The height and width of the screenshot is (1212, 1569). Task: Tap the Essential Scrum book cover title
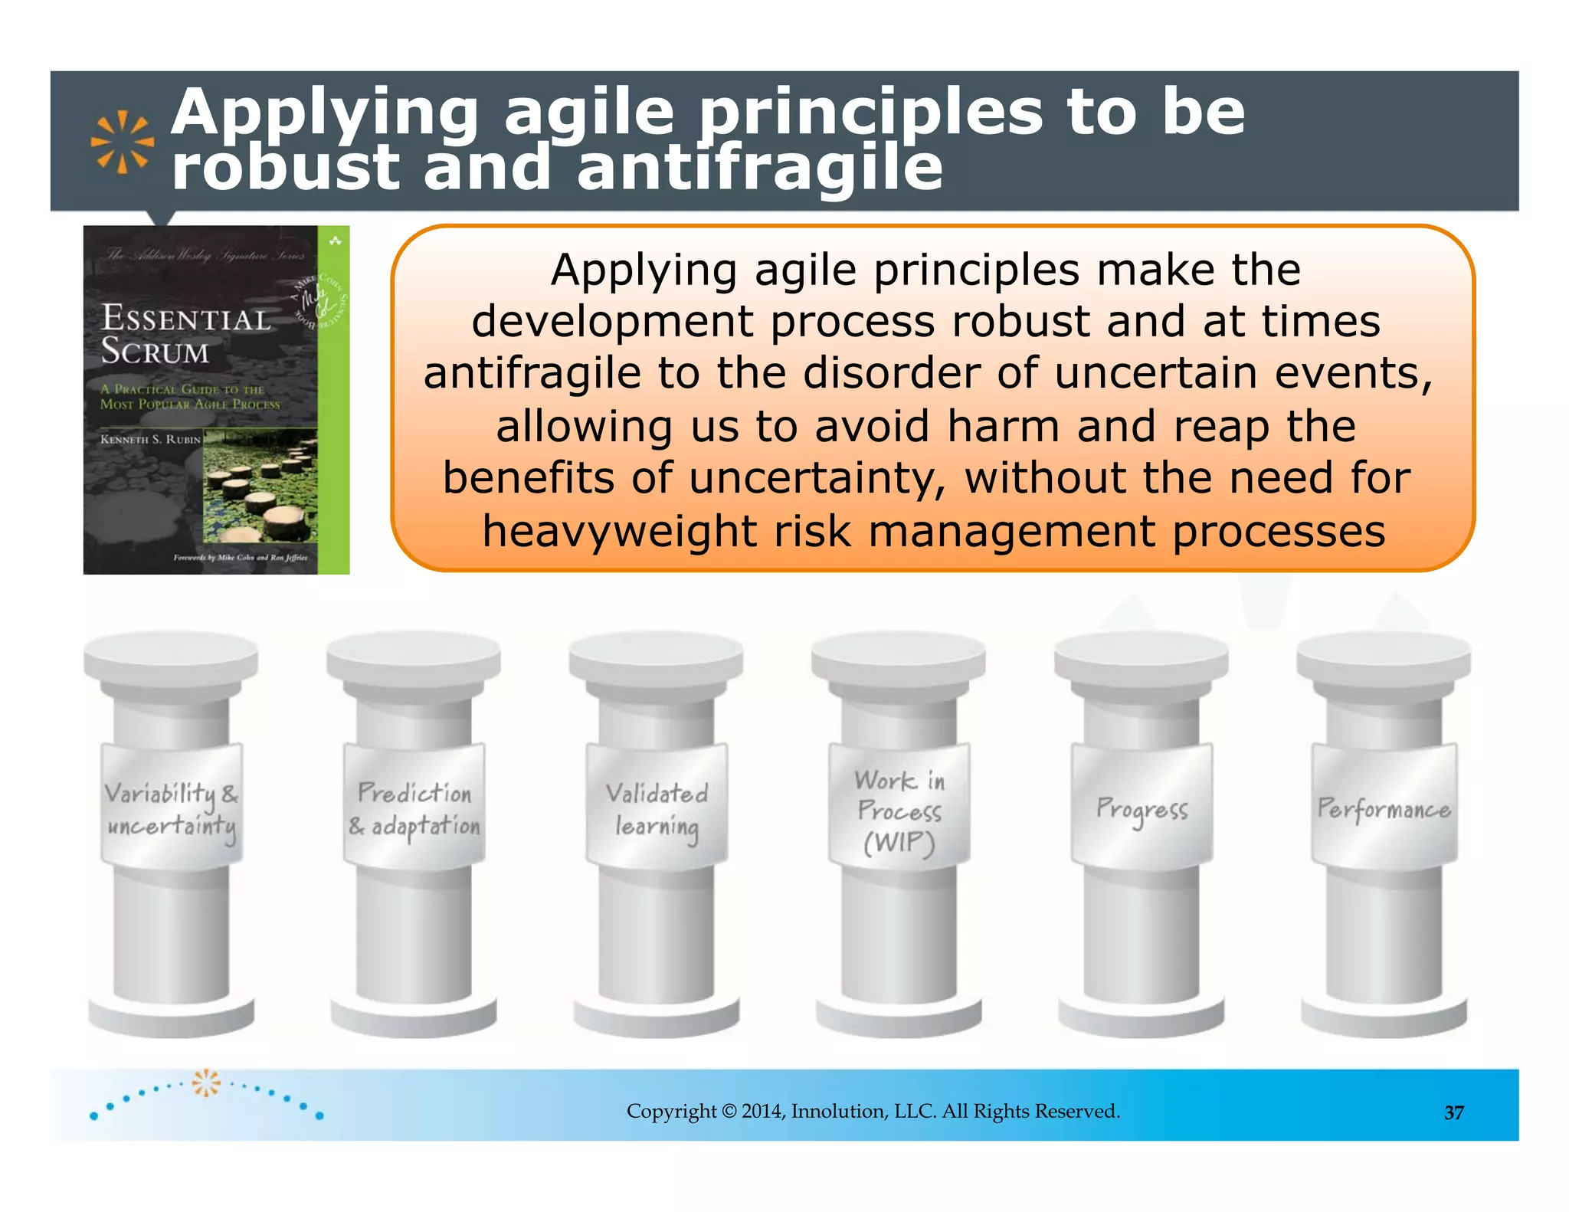[x=185, y=335]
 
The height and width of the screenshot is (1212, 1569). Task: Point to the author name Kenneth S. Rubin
[x=150, y=440]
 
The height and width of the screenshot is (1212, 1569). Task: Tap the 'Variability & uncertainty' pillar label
[x=172, y=808]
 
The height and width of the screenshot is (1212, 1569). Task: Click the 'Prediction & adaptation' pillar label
[x=414, y=808]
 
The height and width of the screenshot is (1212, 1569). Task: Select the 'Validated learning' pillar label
[x=657, y=809]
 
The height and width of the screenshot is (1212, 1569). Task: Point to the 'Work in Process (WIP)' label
[x=899, y=811]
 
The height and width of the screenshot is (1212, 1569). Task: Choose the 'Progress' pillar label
[x=1142, y=809]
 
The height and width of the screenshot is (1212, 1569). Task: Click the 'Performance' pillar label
[x=1384, y=809]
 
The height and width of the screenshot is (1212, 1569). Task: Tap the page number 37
[x=1454, y=1112]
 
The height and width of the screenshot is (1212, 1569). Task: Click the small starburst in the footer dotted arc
[x=205, y=1083]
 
